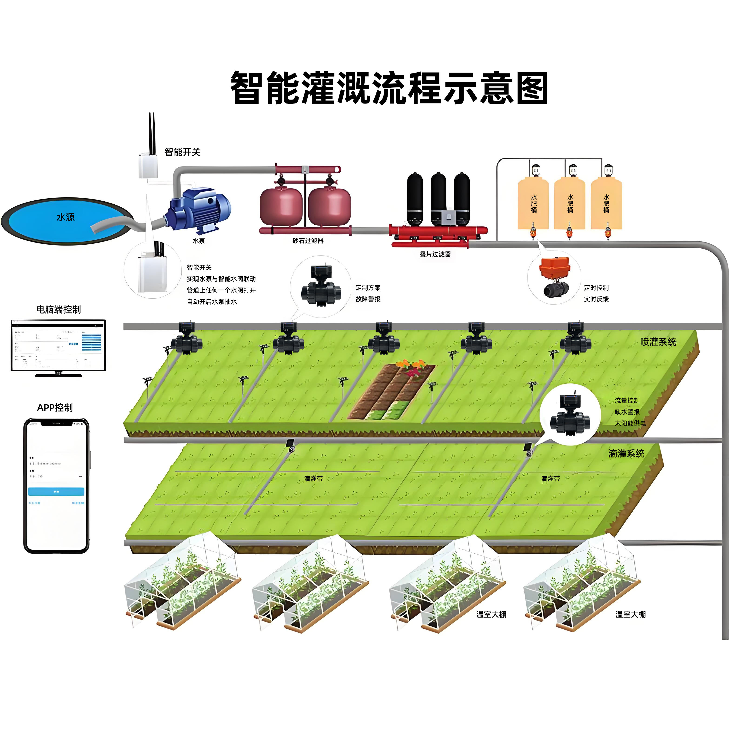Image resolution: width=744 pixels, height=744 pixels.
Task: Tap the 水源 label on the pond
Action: tap(66, 217)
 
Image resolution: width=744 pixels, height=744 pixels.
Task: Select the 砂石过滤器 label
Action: tap(308, 241)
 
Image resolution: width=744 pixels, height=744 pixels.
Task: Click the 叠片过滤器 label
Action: tap(435, 254)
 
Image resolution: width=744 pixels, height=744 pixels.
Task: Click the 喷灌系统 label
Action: tap(658, 342)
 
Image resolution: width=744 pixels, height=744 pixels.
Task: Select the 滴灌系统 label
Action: tap(626, 454)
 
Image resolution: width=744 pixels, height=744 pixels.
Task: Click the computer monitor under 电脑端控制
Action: tap(58, 346)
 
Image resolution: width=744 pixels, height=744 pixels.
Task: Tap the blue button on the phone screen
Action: tap(56, 491)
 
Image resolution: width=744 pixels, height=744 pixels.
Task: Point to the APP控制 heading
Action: tap(55, 407)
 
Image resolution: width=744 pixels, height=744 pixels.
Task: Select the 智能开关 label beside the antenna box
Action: tap(183, 152)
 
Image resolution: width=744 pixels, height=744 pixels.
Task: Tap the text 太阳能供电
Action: tap(630, 423)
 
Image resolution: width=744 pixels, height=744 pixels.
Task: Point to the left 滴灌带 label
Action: tap(313, 479)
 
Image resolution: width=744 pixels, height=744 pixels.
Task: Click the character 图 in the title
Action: tap(532, 88)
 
